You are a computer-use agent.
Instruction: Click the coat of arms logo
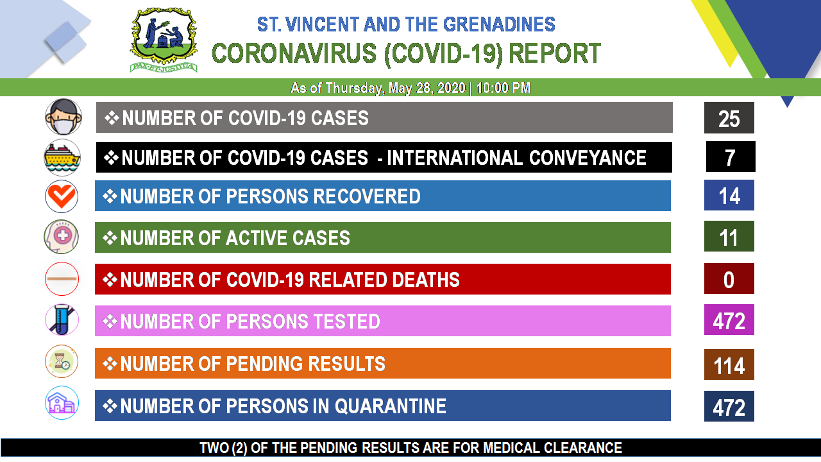click(x=164, y=40)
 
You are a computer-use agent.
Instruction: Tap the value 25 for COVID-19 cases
click(x=729, y=119)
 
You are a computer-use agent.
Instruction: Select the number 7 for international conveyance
click(x=730, y=158)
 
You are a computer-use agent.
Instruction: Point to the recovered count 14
click(x=729, y=196)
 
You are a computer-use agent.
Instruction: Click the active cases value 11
click(x=729, y=237)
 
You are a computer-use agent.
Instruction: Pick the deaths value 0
click(x=729, y=280)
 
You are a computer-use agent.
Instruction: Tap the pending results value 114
click(x=729, y=366)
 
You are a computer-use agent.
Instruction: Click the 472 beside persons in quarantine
click(x=729, y=407)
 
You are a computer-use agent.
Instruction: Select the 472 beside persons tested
click(x=729, y=321)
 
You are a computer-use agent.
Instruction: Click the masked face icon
click(x=63, y=117)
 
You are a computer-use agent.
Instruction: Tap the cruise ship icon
click(x=62, y=158)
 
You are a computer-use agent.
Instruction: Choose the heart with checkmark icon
click(x=62, y=196)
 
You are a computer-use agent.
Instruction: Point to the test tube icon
click(x=62, y=320)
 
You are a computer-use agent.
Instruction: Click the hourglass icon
click(x=62, y=361)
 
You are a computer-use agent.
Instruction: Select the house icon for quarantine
click(x=62, y=402)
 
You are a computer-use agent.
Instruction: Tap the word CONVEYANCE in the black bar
click(x=588, y=158)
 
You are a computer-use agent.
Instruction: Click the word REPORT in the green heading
click(x=555, y=53)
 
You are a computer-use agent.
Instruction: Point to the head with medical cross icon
click(x=61, y=237)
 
